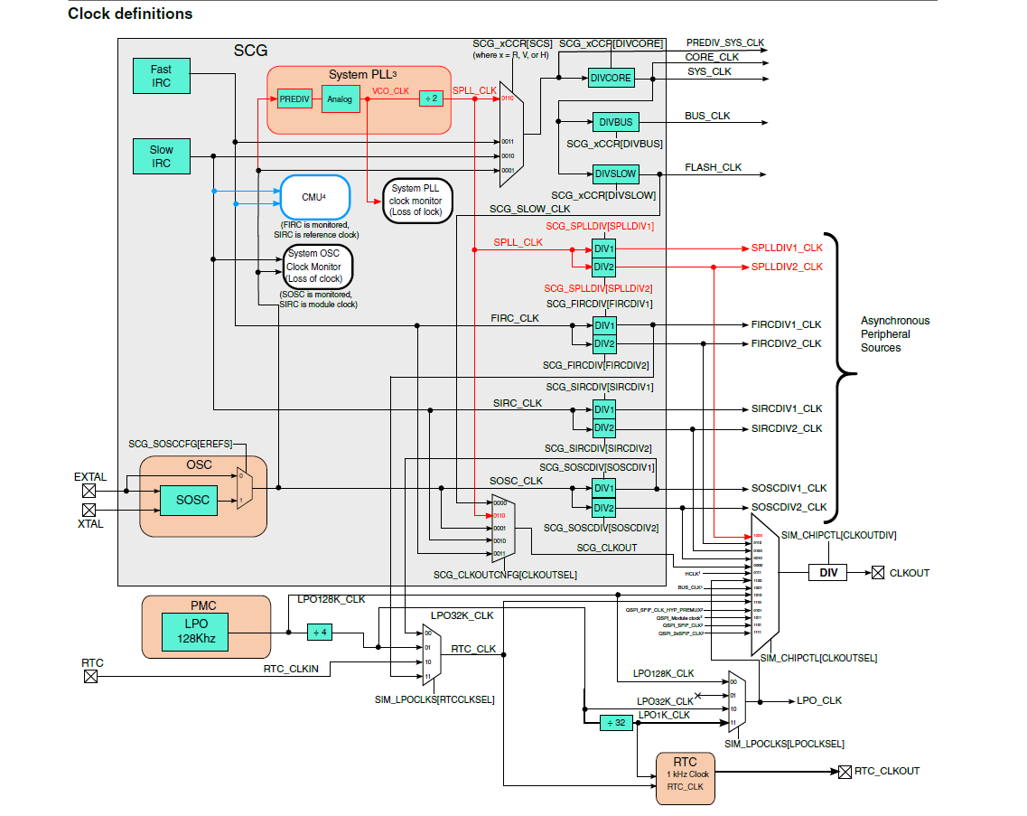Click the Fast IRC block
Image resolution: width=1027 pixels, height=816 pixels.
click(161, 76)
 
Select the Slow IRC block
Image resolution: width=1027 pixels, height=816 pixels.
click(161, 155)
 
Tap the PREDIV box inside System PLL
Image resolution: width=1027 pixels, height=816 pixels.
click(294, 98)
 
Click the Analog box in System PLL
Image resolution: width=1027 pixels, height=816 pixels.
click(341, 98)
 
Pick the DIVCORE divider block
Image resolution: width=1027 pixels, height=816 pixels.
click(611, 78)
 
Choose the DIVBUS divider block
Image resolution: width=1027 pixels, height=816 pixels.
click(615, 122)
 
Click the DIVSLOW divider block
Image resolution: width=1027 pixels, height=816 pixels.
click(615, 174)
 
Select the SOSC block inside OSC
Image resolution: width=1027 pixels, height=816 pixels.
click(192, 500)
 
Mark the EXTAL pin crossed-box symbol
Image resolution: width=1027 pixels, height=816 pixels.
click(89, 491)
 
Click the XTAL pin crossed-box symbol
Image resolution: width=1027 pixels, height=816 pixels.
click(89, 510)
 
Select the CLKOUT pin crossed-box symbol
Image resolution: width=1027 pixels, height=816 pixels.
click(877, 573)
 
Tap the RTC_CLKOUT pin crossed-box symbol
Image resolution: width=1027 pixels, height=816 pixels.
click(845, 771)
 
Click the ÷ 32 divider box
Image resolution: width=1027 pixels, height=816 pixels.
click(615, 722)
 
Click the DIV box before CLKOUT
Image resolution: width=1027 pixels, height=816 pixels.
click(827, 573)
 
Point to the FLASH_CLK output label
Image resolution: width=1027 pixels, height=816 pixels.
click(713, 167)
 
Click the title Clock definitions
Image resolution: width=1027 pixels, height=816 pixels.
click(130, 14)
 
